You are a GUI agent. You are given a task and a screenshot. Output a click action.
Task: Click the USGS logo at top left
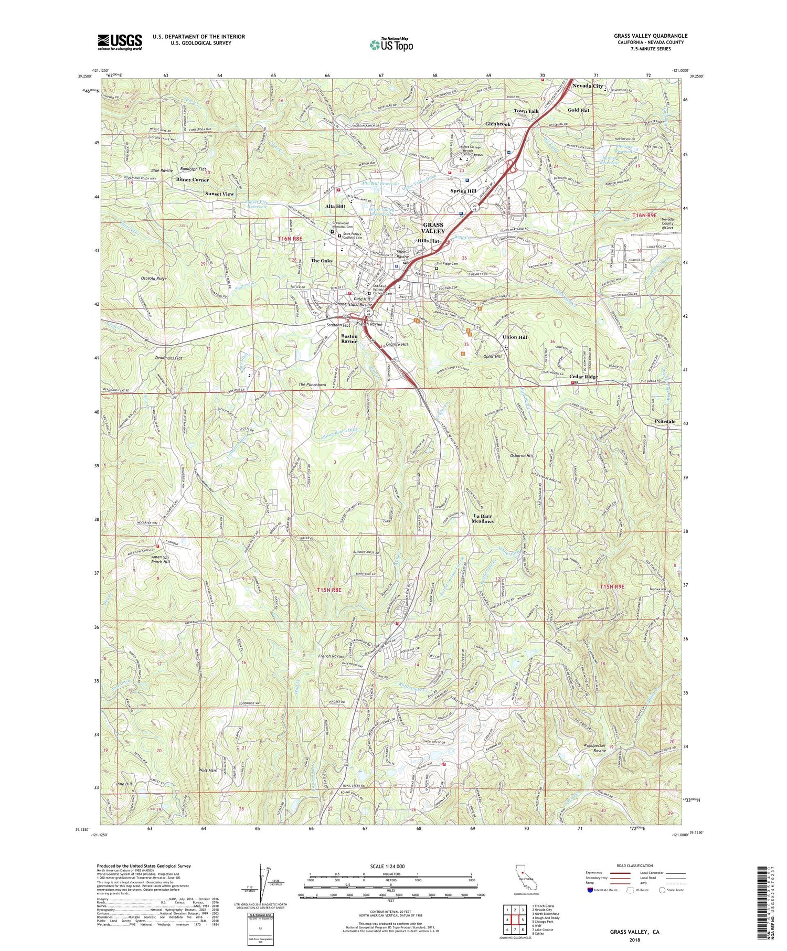pyautogui.click(x=120, y=42)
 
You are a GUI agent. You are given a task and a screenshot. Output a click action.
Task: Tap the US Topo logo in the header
pyautogui.click(x=391, y=45)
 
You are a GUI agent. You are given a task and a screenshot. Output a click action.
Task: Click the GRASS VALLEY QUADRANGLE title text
pyautogui.click(x=651, y=36)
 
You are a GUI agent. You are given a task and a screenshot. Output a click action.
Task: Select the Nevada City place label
pyautogui.click(x=587, y=86)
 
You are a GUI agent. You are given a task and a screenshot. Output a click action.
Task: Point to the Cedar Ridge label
pyautogui.click(x=583, y=377)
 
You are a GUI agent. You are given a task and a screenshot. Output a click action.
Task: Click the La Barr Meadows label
pyautogui.click(x=482, y=518)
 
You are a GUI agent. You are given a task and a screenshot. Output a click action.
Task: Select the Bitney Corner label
pyautogui.click(x=193, y=179)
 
